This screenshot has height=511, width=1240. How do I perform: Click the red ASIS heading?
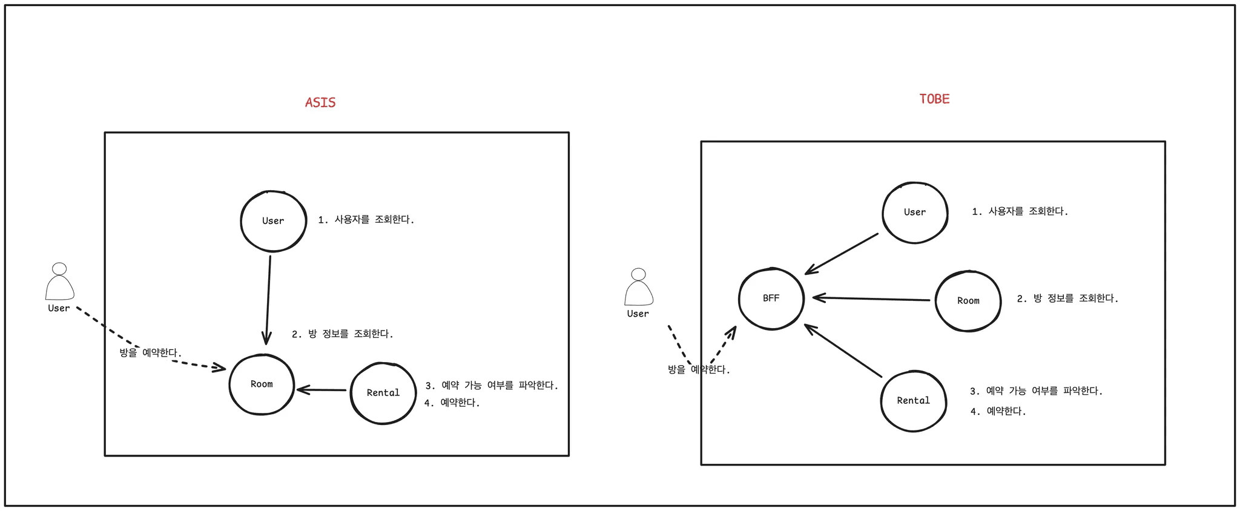pos(320,103)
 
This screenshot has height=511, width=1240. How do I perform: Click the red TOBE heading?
pos(934,99)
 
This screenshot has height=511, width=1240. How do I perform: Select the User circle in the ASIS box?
pos(273,221)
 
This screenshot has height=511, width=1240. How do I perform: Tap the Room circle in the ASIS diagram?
pos(262,384)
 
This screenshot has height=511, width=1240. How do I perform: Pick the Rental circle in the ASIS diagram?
pos(383,393)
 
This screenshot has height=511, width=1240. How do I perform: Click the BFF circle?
pos(771,298)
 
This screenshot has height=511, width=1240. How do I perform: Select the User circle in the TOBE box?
pos(915,213)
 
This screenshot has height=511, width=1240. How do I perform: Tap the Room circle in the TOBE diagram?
pos(968,301)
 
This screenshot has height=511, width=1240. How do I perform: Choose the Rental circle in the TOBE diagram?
pos(913,401)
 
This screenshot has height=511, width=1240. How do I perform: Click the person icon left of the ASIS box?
pos(59,282)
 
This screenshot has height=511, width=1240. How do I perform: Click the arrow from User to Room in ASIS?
pos(268,300)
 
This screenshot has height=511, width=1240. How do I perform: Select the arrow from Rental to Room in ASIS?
pos(322,390)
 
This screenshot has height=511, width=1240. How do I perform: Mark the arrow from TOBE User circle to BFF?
pos(842,254)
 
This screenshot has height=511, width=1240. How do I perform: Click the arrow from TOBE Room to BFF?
pos(871,298)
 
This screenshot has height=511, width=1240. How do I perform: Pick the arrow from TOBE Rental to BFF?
pos(843,351)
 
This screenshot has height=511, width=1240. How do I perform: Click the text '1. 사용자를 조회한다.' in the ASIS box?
pos(366,220)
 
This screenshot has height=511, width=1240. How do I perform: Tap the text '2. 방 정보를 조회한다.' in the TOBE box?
pos(1067,298)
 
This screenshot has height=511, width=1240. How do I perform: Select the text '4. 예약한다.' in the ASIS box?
pos(452,403)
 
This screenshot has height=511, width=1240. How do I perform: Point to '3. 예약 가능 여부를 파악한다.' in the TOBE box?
pos(1036,391)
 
